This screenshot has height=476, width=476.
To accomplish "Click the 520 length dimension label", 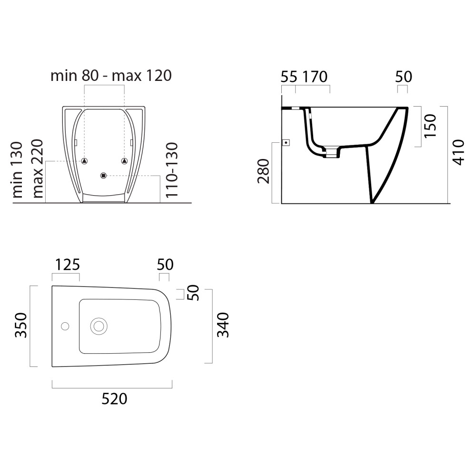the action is coord(114,398).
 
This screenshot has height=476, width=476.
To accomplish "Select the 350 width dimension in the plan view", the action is coord(21,325).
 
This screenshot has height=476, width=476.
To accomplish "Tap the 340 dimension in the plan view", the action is coord(223,325).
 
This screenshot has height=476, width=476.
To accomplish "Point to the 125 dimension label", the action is coord(68,264).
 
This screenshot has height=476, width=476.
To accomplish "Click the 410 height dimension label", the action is coord(458,152).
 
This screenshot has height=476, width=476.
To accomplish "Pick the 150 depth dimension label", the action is coord(430,126).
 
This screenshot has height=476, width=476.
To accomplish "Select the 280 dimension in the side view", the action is coord(264,171).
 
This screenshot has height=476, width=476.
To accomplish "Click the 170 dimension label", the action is coord(315,77).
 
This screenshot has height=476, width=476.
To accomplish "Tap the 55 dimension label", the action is coord(289,77).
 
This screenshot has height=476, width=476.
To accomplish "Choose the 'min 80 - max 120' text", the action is coord(111,75).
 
